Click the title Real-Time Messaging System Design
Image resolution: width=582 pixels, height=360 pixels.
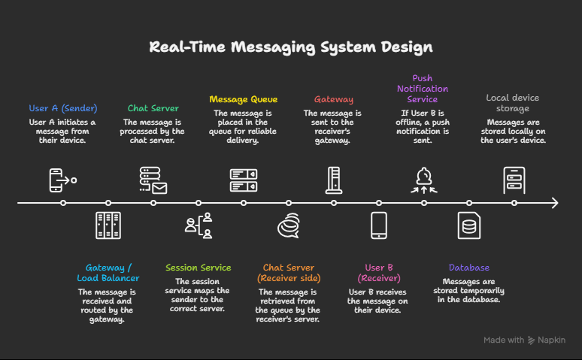(291, 47)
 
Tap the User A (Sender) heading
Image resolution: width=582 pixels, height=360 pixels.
(63, 108)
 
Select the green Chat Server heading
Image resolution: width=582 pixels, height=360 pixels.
(153, 108)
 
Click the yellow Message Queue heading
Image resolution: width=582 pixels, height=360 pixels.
(244, 99)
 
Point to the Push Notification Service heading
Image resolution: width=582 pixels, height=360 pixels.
(423, 89)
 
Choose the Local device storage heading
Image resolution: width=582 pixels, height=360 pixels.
(513, 103)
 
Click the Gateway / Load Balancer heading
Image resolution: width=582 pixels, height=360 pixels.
(108, 273)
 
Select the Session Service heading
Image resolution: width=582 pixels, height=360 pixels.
(199, 268)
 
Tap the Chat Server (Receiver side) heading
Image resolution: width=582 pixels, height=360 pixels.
(289, 273)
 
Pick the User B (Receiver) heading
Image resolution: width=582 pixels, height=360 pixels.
(379, 273)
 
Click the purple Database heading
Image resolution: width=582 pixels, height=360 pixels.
(469, 268)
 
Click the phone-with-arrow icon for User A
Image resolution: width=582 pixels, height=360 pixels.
(63, 180)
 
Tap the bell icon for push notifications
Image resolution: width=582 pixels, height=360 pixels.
(424, 180)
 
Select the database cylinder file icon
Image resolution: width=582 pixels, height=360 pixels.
(469, 225)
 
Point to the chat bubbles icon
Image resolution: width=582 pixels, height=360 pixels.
(289, 225)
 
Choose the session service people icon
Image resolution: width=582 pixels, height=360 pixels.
(199, 225)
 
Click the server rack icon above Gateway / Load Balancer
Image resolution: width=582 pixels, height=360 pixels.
(108, 225)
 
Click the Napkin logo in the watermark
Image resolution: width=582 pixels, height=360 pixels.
(532, 340)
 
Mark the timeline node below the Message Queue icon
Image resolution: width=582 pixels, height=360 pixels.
(244, 203)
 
